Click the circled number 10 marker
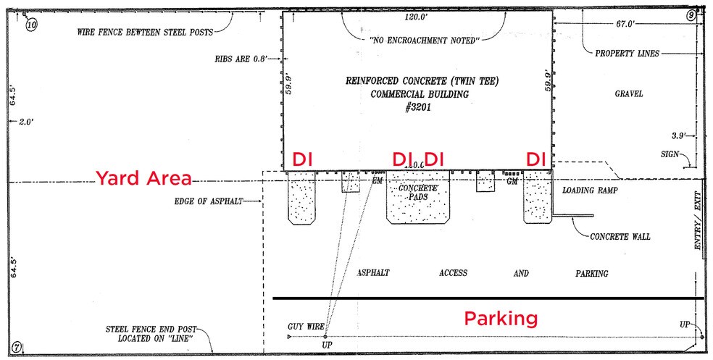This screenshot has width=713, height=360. click(31, 23)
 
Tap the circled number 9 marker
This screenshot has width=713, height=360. click(691, 16)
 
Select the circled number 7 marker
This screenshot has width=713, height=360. click(17, 348)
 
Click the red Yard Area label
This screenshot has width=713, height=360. click(143, 178)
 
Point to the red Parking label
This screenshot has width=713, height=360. click(501, 319)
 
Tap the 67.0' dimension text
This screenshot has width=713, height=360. click(625, 24)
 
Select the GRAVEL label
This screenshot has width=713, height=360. click(630, 94)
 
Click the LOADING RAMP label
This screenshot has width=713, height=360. click(591, 190)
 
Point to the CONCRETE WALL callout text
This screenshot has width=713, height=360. click(620, 236)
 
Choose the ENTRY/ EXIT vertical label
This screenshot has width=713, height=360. click(698, 220)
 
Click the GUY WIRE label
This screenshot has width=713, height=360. click(306, 327)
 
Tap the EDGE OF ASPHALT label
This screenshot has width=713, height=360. click(208, 201)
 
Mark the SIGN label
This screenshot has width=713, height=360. click(670, 154)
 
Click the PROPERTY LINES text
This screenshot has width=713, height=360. click(627, 53)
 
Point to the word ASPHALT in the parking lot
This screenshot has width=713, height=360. click(373, 273)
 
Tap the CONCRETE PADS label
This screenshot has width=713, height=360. click(417, 192)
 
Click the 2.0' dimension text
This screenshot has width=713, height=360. click(27, 122)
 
